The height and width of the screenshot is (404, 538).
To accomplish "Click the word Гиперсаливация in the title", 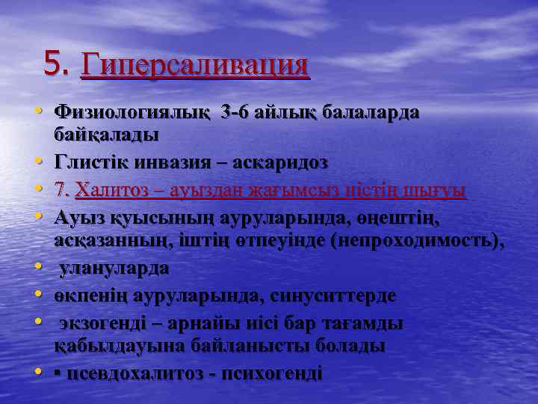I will tap(194, 64).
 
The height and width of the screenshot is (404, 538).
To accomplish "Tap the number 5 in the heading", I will tap(52, 64).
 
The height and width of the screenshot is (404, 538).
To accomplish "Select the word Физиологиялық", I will tap(132, 113).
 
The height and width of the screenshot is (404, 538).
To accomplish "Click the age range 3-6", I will tap(238, 113).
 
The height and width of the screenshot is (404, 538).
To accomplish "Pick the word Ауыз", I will tap(77, 218).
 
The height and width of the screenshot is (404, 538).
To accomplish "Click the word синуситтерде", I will tap(329, 296).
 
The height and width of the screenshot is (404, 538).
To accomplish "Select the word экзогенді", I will tap(105, 324).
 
